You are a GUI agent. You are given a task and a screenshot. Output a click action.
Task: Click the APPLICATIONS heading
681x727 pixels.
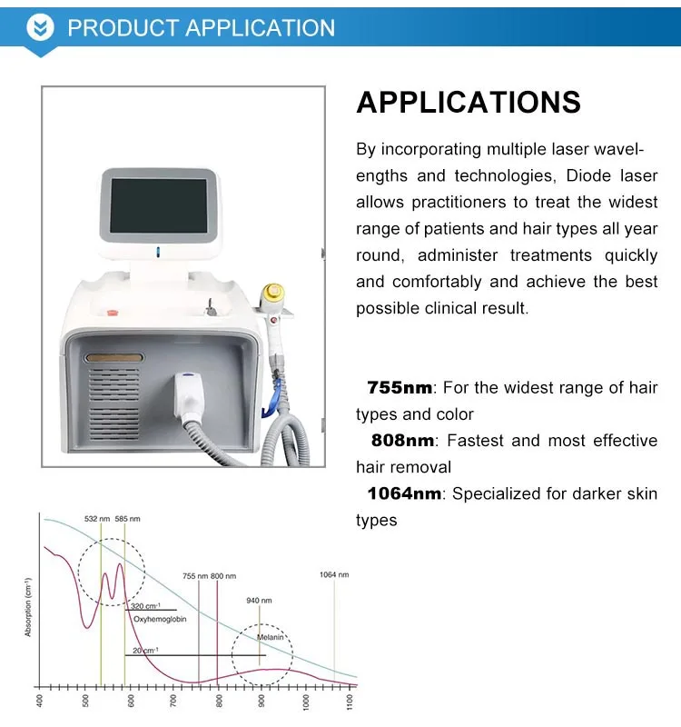click(469, 102)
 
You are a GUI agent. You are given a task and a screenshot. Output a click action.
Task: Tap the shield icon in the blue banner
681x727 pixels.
click(39, 27)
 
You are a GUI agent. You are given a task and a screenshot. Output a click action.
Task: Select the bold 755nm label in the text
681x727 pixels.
click(400, 388)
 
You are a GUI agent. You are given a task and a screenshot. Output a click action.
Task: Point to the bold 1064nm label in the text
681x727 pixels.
click(405, 493)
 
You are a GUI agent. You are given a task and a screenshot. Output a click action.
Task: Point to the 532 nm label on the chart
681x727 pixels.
click(97, 519)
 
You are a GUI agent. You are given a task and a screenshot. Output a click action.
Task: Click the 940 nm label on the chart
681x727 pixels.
click(260, 601)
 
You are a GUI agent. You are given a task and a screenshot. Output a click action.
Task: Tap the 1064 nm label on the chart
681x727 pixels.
click(334, 574)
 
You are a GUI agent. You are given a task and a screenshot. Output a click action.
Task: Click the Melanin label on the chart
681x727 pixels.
click(271, 638)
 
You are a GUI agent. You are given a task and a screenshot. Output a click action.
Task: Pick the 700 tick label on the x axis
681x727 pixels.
click(175, 701)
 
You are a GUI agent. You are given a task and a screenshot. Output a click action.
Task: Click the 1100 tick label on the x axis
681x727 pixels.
click(350, 701)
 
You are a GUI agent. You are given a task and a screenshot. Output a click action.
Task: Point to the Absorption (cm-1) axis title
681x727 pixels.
click(28, 606)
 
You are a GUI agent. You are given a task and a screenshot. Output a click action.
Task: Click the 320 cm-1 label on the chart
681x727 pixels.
click(145, 606)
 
